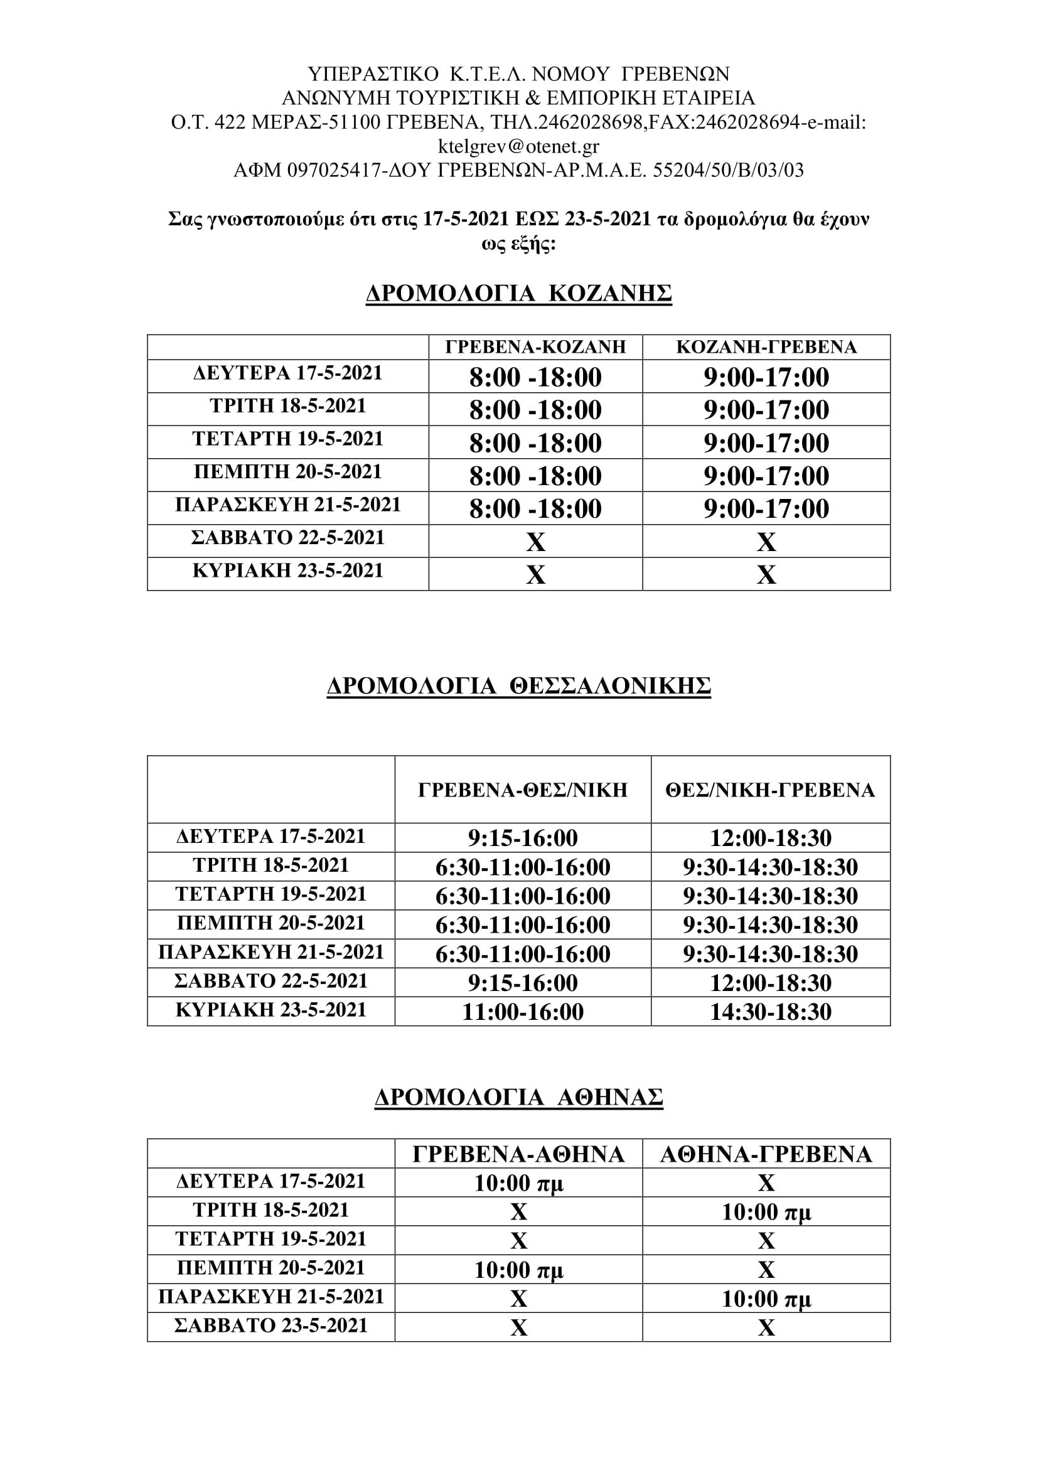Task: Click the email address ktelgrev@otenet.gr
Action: (518, 146)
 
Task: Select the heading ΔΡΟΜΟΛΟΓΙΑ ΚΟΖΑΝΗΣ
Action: (518, 294)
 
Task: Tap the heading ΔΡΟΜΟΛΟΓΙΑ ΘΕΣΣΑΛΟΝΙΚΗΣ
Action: (518, 685)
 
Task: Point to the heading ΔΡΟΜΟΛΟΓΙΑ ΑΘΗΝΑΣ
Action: (518, 1097)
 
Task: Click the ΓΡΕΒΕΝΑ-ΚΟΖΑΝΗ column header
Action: (535, 347)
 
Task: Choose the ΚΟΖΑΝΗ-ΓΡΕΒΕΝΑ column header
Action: (766, 347)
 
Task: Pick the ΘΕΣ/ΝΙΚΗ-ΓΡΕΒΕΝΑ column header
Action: (770, 790)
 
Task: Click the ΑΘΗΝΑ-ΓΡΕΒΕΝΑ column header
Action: (766, 1154)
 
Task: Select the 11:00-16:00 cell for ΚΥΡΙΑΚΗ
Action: (523, 1012)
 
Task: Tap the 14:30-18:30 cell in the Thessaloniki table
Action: (771, 1012)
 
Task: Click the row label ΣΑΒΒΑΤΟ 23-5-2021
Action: (271, 1326)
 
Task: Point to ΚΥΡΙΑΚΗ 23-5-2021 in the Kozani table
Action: (287, 571)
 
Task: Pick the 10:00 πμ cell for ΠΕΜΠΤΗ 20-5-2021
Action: (518, 1270)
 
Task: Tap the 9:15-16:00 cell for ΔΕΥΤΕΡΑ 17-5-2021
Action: (523, 838)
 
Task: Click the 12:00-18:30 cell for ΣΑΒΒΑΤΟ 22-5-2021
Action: (771, 983)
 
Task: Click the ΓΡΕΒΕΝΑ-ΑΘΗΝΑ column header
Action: (518, 1154)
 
